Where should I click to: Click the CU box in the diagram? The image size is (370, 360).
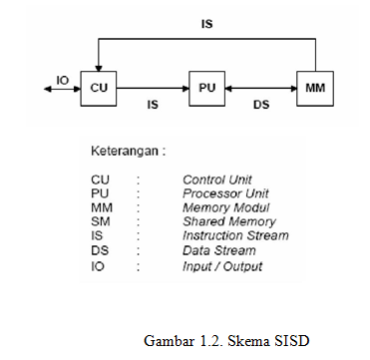[x=98, y=88]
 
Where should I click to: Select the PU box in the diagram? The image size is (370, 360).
[x=207, y=88]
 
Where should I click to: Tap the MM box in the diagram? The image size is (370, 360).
[x=316, y=88]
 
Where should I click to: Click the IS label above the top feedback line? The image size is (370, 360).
[x=206, y=20]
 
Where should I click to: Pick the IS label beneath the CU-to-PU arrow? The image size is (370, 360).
[x=153, y=103]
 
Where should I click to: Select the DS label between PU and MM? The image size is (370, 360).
[x=261, y=103]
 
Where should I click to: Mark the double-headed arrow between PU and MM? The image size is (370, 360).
[x=261, y=88]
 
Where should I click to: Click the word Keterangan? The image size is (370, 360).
[x=125, y=152]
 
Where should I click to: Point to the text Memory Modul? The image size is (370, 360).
[x=218, y=207]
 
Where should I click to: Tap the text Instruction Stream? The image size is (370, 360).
[x=235, y=236]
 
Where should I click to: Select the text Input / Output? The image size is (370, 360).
[x=222, y=265]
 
